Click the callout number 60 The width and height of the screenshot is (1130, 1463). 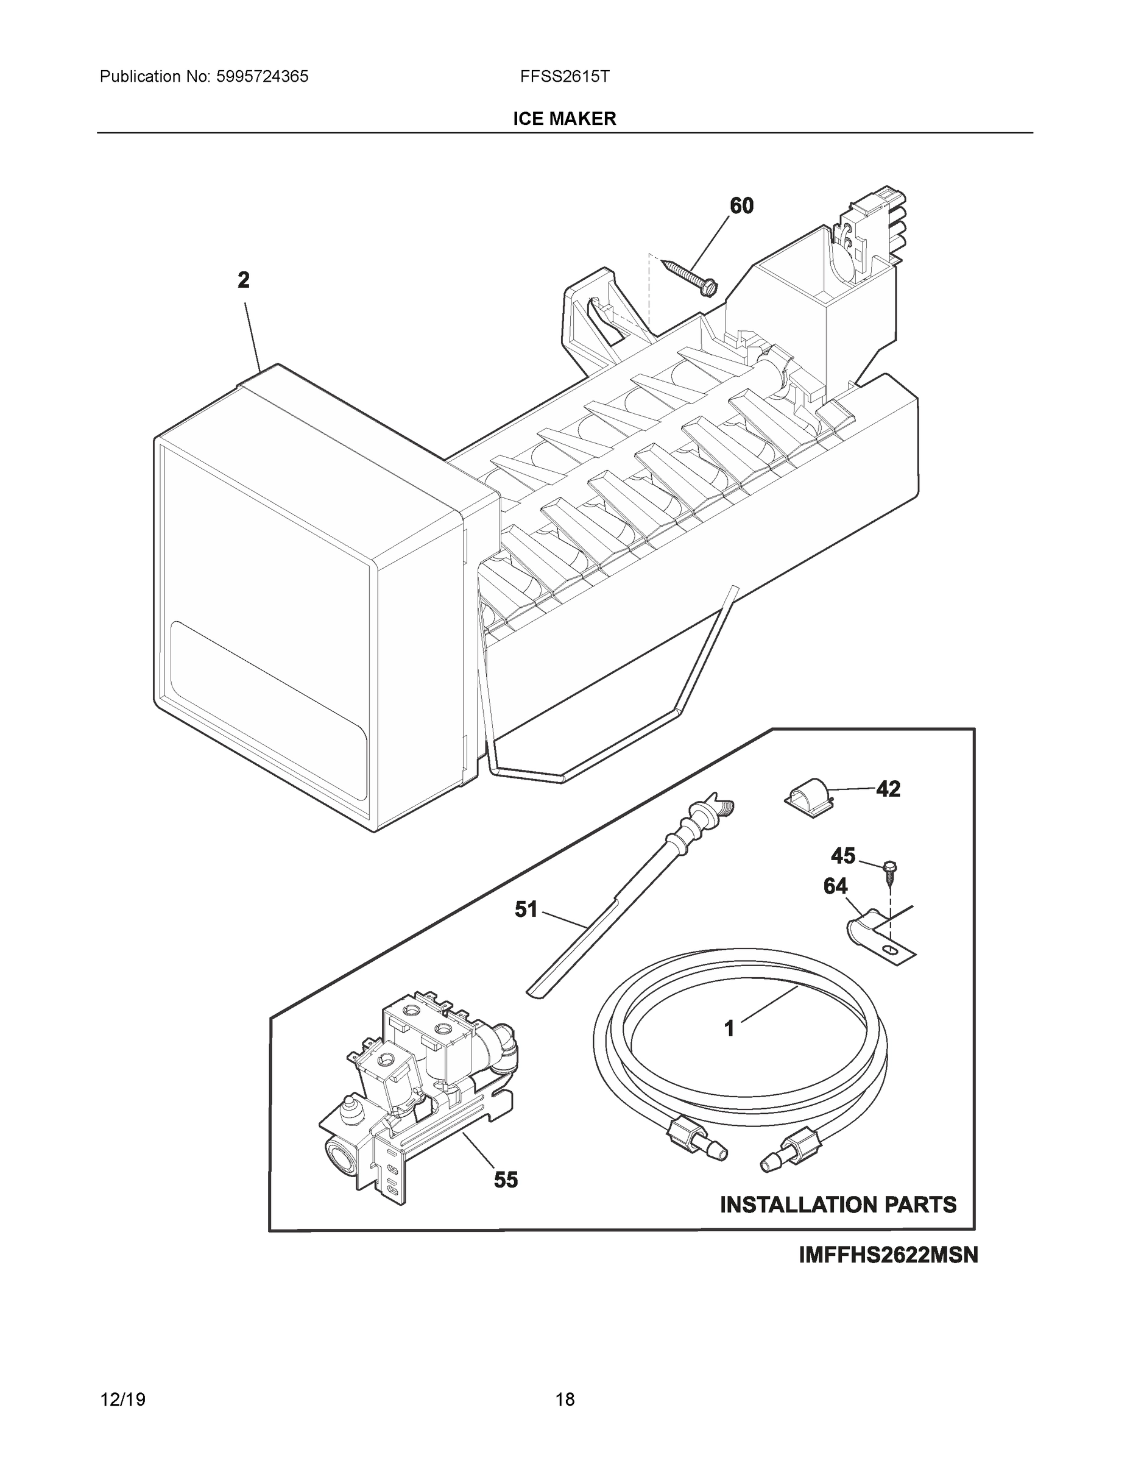pos(741,205)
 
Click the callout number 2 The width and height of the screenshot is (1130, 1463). pos(244,280)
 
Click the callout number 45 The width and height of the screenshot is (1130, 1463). pos(843,855)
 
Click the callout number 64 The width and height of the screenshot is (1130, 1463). pos(835,887)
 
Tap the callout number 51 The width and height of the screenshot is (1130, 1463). pos(526,909)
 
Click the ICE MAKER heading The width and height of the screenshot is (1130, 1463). pos(564,119)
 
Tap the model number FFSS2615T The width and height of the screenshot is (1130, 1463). pos(564,76)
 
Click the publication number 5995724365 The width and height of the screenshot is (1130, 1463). pos(262,76)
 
